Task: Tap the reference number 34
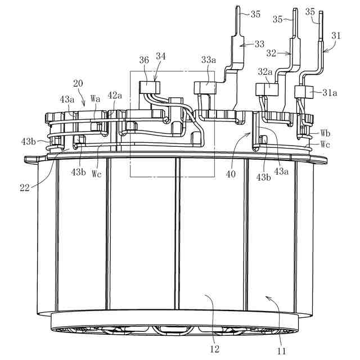coord(161,56)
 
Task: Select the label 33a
coord(209,59)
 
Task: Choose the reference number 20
coord(78,83)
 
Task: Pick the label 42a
coord(115,96)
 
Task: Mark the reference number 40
coord(231,174)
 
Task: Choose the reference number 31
coord(336,35)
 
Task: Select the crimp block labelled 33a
coord(205,87)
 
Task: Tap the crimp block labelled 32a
coord(266,89)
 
